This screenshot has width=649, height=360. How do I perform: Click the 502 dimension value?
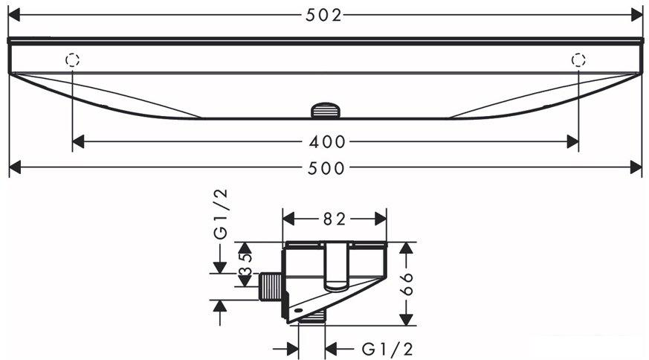click(x=323, y=16)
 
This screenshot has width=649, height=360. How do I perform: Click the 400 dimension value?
click(x=327, y=142)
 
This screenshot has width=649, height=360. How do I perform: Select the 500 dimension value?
click(x=326, y=168)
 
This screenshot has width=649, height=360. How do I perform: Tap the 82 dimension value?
click(x=335, y=219)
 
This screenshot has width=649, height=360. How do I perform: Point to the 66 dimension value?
click(x=407, y=283)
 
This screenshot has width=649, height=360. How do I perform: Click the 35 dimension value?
click(x=245, y=264)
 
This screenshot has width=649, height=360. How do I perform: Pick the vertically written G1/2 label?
click(x=221, y=213)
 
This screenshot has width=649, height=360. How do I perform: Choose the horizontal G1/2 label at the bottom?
click(x=387, y=350)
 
